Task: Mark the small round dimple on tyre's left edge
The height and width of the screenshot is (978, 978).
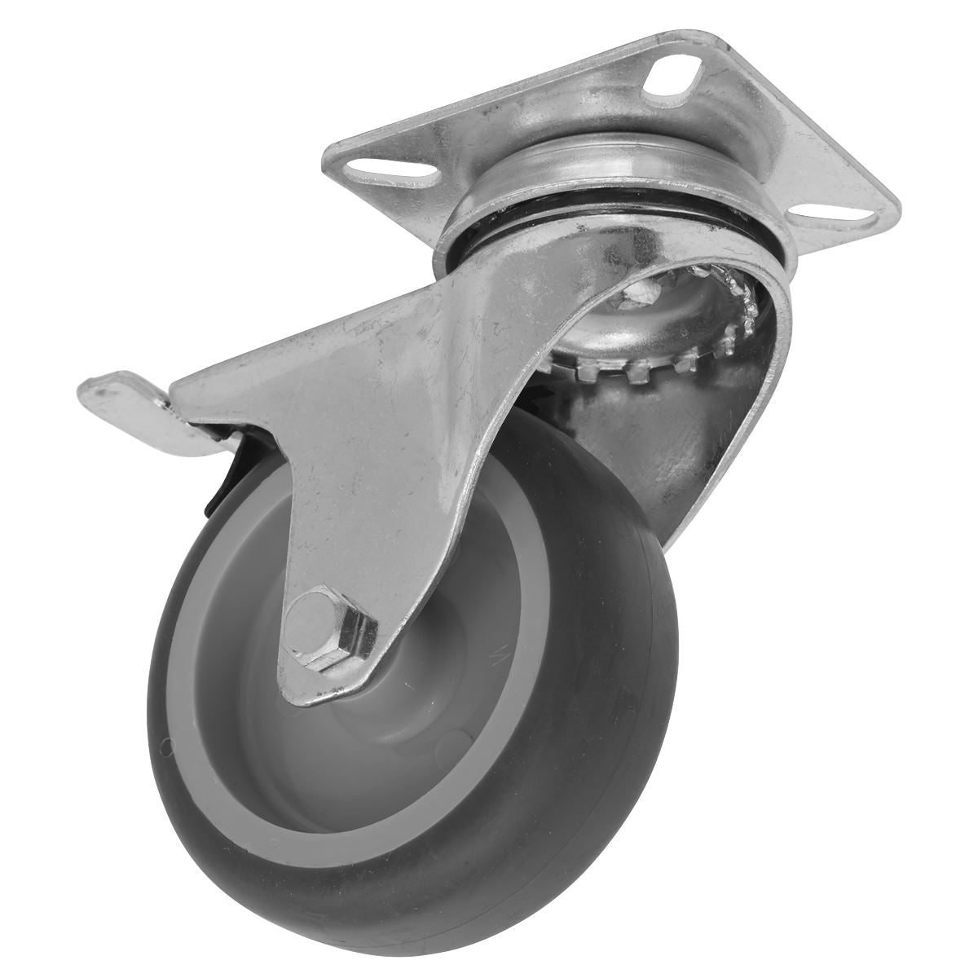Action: point(169,742)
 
